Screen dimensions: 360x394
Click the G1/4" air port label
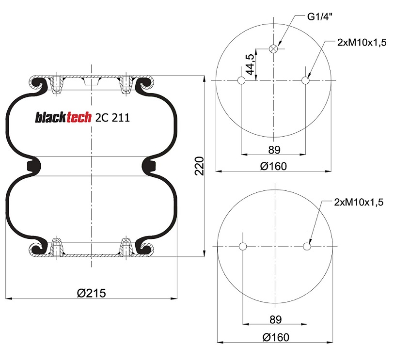coord(320,16)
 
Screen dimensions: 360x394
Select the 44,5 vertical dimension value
coord(250,63)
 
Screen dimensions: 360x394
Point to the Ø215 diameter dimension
coord(91,293)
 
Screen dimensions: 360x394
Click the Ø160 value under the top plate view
coord(273,166)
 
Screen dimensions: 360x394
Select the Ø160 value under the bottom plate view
coord(275,337)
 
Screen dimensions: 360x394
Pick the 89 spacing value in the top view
coord(274,149)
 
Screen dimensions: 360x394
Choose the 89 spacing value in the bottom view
coord(275,319)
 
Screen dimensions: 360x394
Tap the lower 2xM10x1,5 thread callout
coord(359,203)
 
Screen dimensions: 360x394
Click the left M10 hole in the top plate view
coord(241,80)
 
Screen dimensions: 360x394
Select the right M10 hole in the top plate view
coord(306,80)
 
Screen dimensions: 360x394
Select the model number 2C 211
coord(112,118)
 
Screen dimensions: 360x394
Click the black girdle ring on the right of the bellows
coord(148,166)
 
